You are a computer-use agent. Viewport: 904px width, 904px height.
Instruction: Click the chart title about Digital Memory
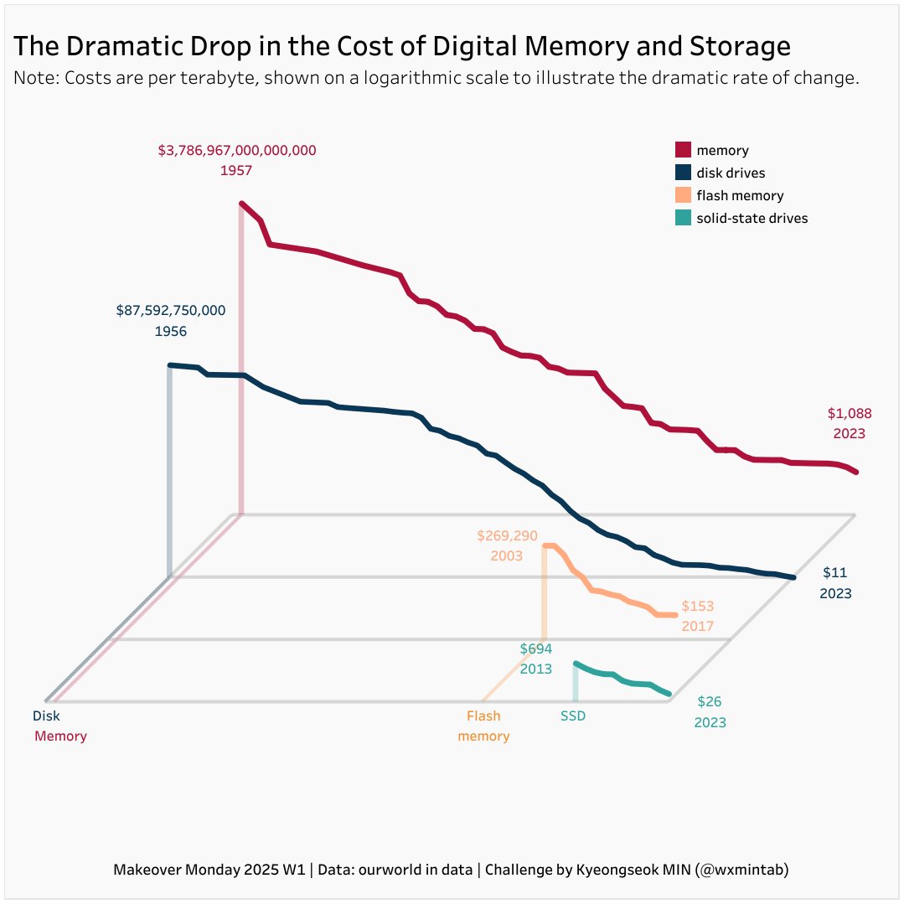pyautogui.click(x=402, y=46)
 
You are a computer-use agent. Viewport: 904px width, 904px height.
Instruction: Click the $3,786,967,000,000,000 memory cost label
pyautogui.click(x=237, y=151)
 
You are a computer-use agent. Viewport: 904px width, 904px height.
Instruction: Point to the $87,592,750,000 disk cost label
pyautogui.click(x=171, y=311)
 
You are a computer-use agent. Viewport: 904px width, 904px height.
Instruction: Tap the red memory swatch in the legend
pyautogui.click(x=683, y=150)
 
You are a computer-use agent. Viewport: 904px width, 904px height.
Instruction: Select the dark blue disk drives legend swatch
pyautogui.click(x=683, y=173)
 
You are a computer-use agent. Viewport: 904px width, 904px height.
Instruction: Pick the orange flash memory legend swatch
pyautogui.click(x=683, y=195)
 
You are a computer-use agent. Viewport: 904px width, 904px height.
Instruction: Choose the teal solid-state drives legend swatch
pyautogui.click(x=683, y=218)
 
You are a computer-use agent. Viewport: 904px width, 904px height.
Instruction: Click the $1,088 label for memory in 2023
pyautogui.click(x=850, y=413)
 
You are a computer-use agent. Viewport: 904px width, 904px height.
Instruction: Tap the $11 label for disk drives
pyautogui.click(x=835, y=573)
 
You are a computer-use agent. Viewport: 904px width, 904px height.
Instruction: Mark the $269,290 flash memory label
pyautogui.click(x=507, y=535)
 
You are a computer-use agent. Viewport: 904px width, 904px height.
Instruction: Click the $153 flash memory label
pyautogui.click(x=697, y=606)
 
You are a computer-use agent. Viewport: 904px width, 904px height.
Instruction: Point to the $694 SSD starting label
pyautogui.click(x=536, y=648)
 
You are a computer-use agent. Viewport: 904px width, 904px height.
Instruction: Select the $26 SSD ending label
pyautogui.click(x=710, y=701)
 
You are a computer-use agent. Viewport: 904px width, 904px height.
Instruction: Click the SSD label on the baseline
pyautogui.click(x=573, y=716)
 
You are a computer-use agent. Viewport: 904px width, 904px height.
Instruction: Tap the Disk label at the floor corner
pyautogui.click(x=46, y=716)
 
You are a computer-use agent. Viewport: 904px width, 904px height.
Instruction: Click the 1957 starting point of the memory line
pyautogui.click(x=241, y=203)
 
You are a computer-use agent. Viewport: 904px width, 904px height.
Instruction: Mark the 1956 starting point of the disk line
pyautogui.click(x=170, y=365)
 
